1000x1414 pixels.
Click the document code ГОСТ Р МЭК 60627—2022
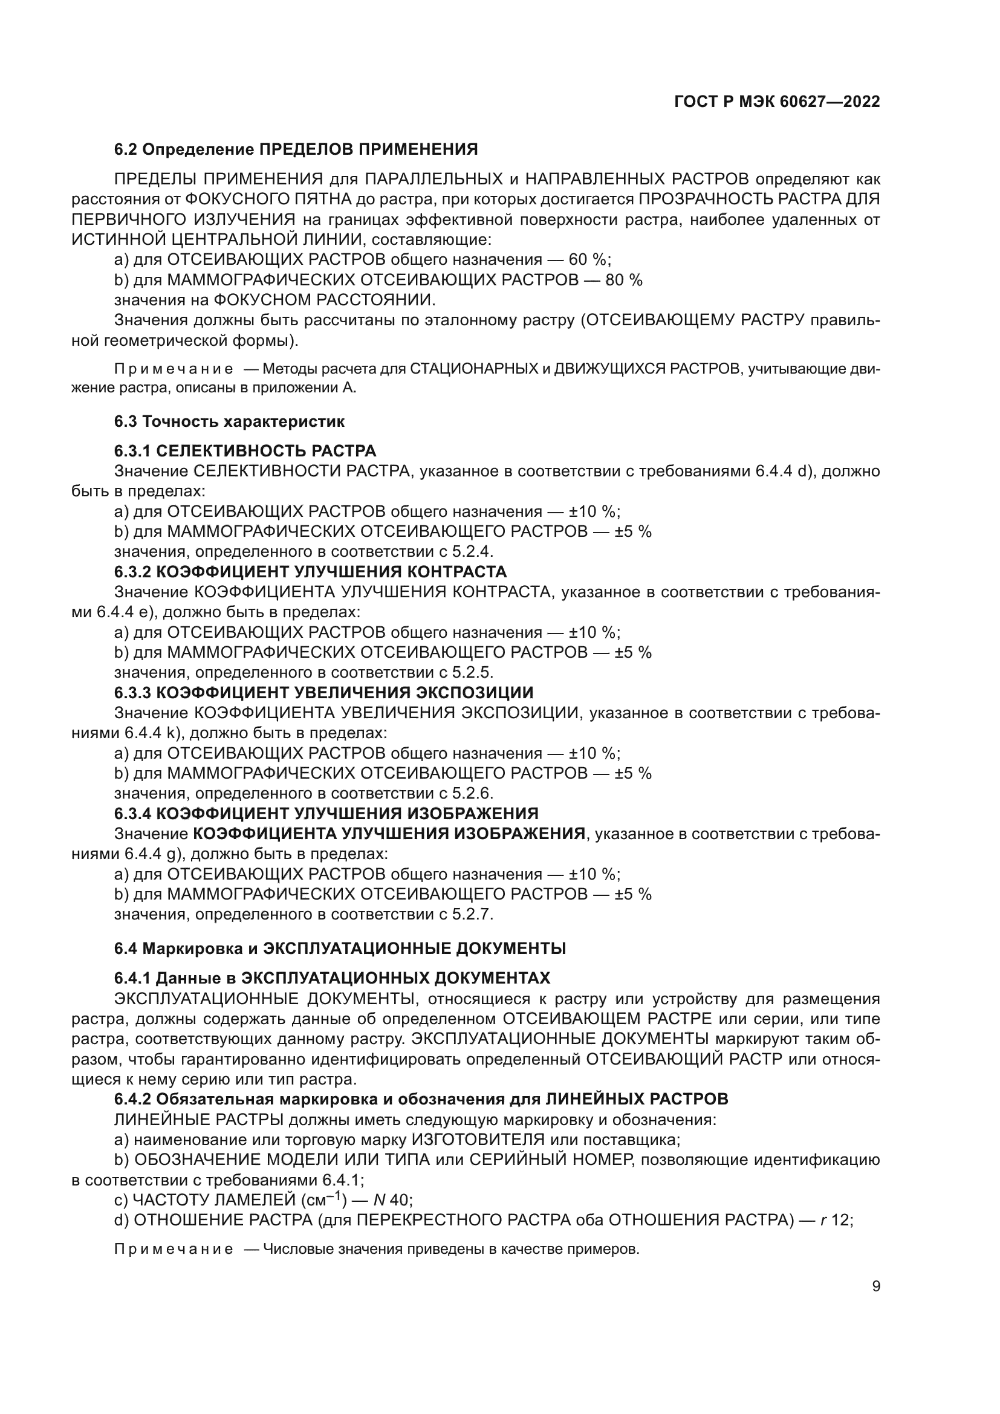(x=777, y=102)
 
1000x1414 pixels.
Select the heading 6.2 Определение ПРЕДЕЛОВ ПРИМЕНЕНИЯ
(x=296, y=150)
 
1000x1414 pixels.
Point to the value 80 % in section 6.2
(x=623, y=280)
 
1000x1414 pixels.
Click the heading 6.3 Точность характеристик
(x=229, y=421)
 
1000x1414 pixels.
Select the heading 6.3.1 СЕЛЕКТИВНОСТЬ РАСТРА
(x=245, y=451)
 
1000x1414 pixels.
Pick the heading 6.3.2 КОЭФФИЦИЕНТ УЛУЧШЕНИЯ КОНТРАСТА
(x=310, y=571)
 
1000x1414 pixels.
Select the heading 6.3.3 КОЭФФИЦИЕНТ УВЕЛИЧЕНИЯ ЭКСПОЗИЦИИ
(x=324, y=692)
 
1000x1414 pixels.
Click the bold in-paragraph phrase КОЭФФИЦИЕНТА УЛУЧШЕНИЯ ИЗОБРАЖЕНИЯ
(x=389, y=834)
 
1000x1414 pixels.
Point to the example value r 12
(x=836, y=1220)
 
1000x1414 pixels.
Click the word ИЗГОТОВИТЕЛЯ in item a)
(x=478, y=1139)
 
